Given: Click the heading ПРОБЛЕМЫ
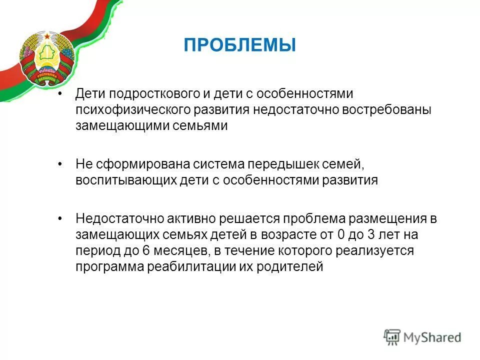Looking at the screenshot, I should (239, 45).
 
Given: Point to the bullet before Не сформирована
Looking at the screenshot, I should (61, 164).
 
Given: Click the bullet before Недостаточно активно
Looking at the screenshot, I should (61, 218).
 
